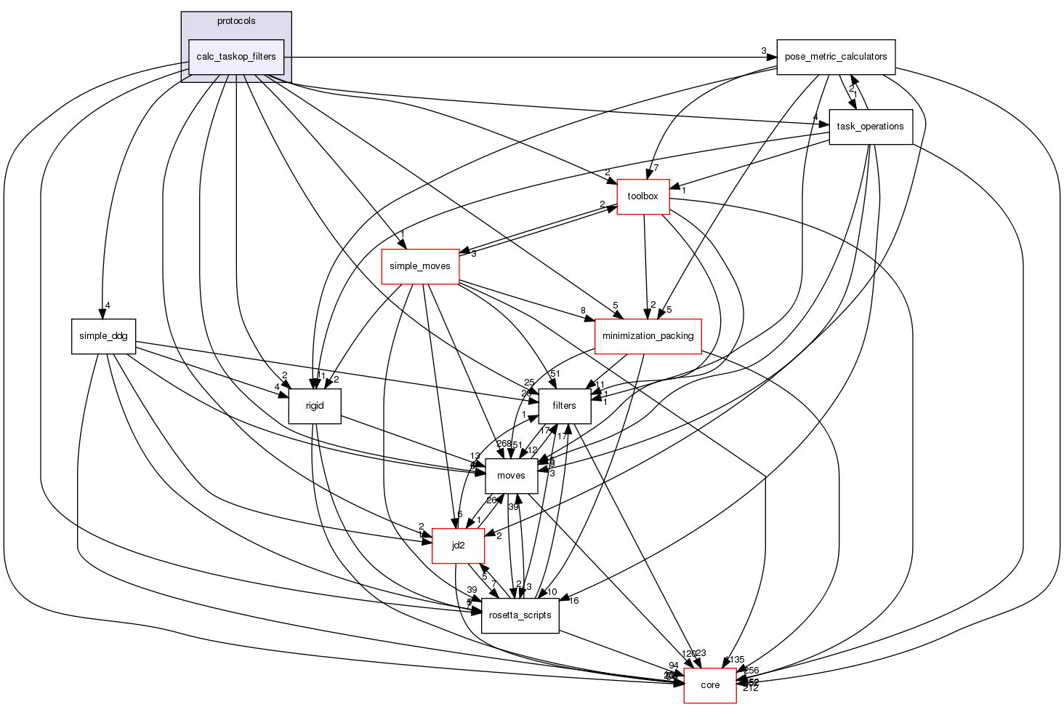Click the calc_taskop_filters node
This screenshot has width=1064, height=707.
click(236, 57)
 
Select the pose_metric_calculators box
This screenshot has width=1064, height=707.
click(836, 57)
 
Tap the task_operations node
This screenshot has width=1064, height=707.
click(870, 127)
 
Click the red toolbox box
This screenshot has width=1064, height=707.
click(642, 196)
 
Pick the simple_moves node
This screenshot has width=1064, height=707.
click(420, 266)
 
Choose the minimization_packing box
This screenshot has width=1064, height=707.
click(648, 336)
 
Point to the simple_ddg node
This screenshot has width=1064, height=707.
click(103, 336)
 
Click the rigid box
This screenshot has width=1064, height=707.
click(315, 406)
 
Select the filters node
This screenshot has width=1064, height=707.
click(564, 406)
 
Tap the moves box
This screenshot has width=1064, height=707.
click(511, 476)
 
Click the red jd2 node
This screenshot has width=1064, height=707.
click(458, 546)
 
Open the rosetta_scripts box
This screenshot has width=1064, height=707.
click(520, 615)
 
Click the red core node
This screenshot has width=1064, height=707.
click(710, 685)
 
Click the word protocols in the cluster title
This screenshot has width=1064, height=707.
click(236, 21)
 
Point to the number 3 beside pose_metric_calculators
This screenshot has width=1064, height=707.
click(764, 51)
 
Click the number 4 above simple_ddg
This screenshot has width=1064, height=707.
click(107, 305)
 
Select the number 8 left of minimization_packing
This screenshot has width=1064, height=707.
click(583, 311)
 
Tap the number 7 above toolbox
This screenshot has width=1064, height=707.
click(656, 168)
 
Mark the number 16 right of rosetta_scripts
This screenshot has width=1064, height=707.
click(573, 601)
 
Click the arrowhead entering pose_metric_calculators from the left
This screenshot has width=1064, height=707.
click(772, 57)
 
